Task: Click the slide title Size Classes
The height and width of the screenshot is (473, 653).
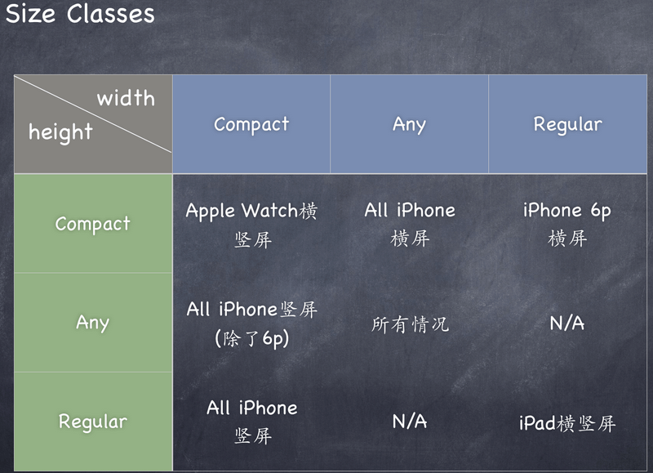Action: tap(79, 14)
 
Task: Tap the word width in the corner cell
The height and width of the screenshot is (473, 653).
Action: tap(126, 99)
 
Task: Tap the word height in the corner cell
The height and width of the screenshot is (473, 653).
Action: tap(60, 132)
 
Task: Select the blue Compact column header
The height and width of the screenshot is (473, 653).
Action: tap(251, 124)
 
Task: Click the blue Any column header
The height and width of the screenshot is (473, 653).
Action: tap(409, 124)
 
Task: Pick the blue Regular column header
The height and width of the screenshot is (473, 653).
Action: tap(567, 124)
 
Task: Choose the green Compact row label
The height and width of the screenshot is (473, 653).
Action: tap(92, 224)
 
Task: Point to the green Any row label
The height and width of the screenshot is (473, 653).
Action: tap(92, 322)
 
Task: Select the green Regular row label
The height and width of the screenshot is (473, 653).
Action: tap(92, 422)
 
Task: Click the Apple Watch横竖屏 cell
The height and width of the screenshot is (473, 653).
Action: tap(251, 224)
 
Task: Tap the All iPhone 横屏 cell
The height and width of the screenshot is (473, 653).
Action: tap(410, 224)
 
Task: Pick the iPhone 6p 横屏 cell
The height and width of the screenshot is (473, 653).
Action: tap(567, 224)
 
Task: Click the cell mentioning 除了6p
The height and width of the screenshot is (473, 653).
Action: tap(251, 324)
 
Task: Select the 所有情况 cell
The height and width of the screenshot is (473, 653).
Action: tap(410, 324)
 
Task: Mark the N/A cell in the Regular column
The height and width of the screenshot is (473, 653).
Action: tap(567, 324)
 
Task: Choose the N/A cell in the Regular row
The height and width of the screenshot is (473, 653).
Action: tap(410, 422)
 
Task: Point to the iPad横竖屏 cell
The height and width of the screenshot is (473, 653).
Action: tap(567, 423)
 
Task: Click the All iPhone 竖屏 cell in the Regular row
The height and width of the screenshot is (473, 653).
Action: tap(251, 422)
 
